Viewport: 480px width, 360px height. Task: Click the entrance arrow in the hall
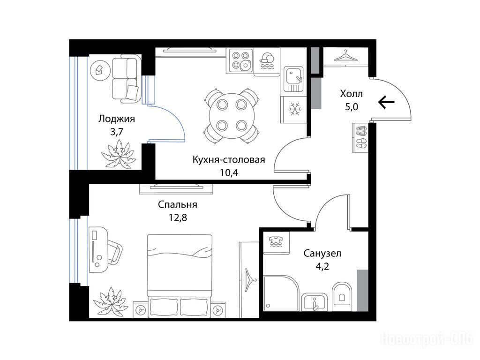386,102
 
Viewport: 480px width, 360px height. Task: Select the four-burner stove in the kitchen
240,60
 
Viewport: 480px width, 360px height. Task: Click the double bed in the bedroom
180,276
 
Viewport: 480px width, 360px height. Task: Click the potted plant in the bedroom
111,301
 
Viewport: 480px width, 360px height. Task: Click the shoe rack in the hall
360,137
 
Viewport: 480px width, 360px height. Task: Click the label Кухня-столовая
229,160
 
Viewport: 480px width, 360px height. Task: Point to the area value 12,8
178,217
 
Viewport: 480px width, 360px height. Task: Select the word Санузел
322,254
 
